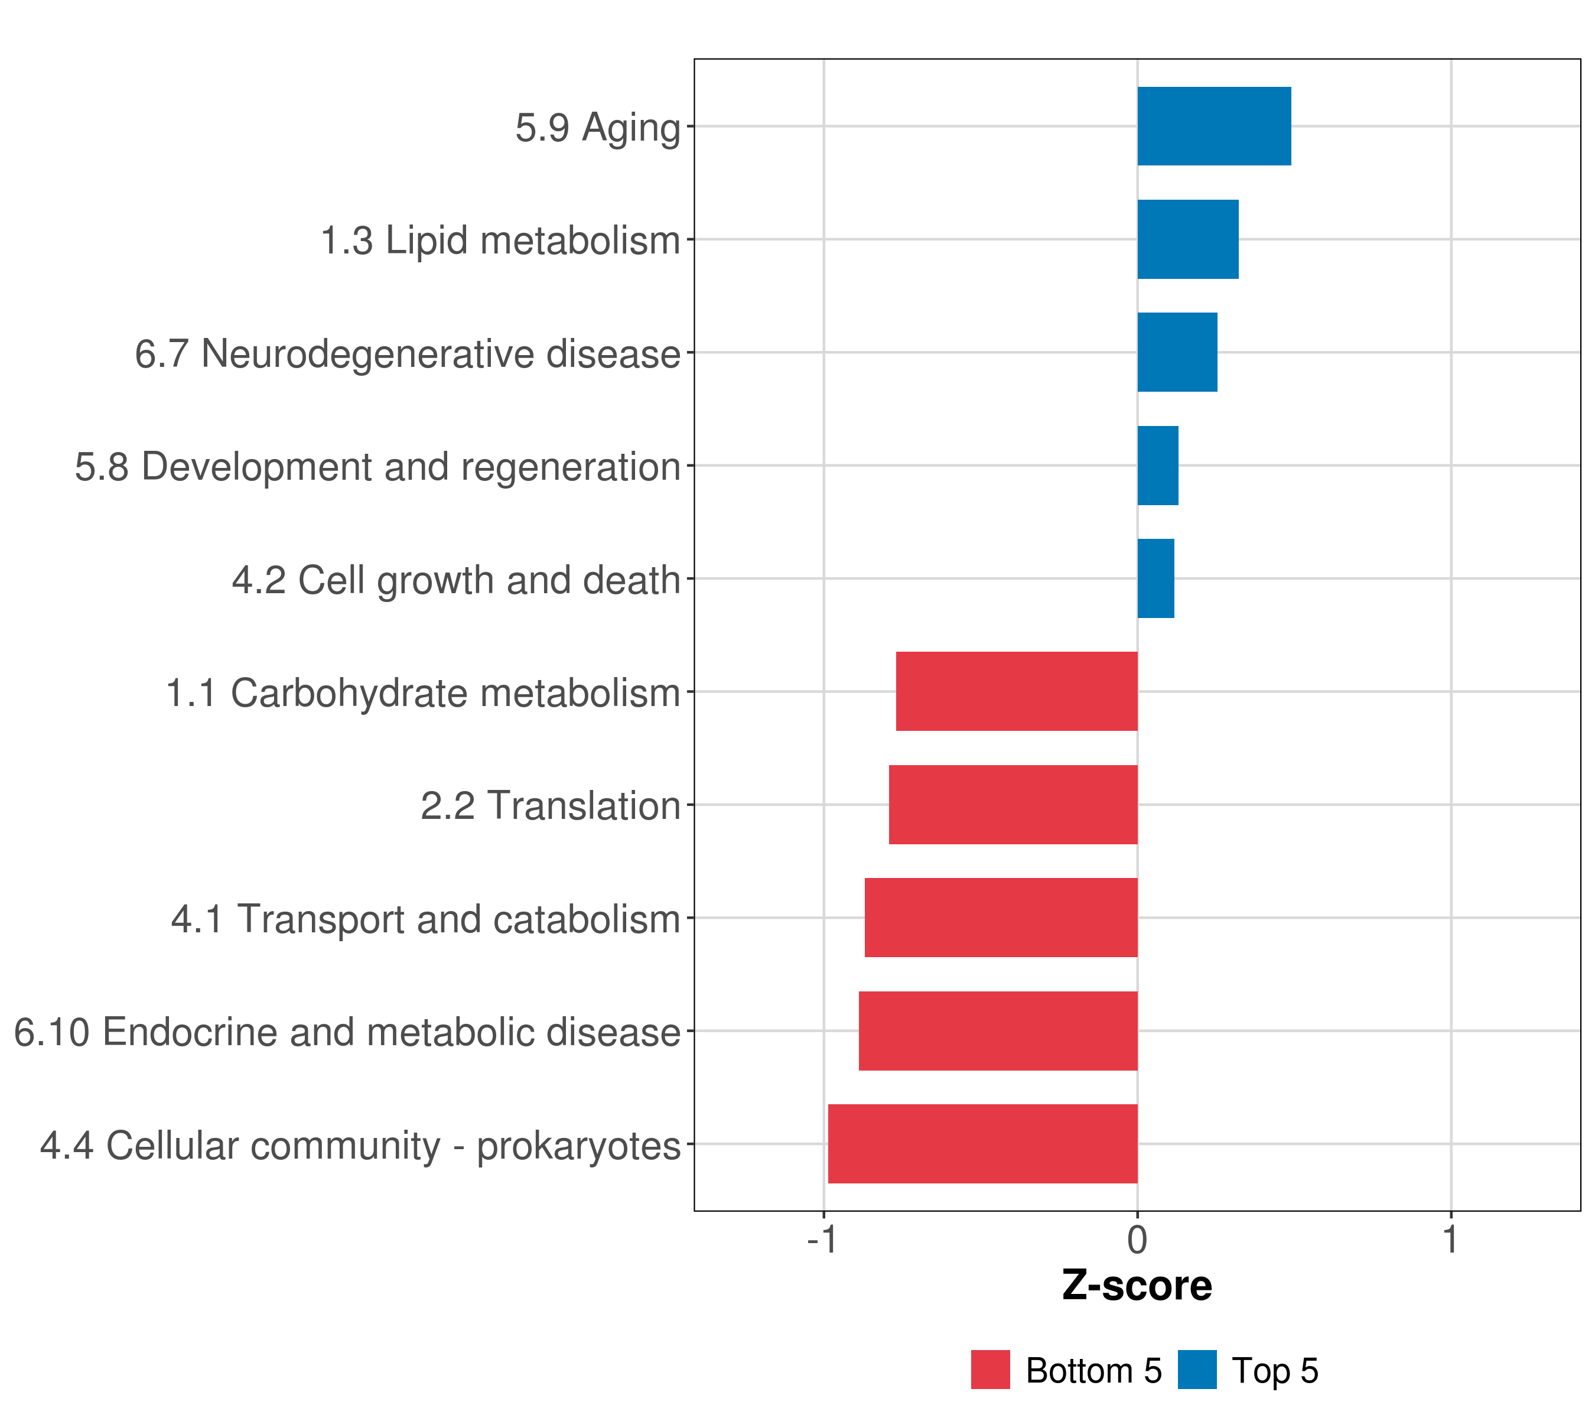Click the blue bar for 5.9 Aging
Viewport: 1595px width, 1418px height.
point(1213,126)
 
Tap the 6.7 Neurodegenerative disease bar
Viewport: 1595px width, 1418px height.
point(1177,352)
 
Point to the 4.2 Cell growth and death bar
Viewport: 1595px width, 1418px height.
point(1155,578)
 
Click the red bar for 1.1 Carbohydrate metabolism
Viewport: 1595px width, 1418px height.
point(1016,691)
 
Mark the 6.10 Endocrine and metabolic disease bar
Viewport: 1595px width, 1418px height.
point(997,1031)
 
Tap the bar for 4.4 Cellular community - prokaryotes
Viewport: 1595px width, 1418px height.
point(982,1144)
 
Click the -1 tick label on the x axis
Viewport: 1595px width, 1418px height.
point(822,1240)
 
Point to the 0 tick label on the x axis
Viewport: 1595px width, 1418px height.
point(1137,1240)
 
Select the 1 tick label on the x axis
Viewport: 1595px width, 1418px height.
point(1451,1240)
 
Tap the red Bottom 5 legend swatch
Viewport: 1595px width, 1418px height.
point(990,1370)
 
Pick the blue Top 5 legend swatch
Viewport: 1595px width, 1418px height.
point(1197,1370)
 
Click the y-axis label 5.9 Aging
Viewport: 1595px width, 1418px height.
point(598,128)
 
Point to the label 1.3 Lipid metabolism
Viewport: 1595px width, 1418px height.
point(500,240)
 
